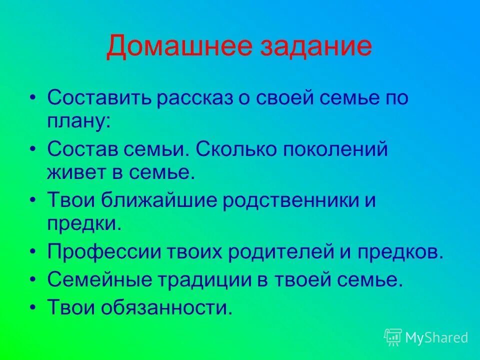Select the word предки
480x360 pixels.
point(84,223)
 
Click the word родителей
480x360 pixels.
point(293,252)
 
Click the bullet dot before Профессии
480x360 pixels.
point(33,253)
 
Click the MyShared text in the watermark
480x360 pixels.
point(436,337)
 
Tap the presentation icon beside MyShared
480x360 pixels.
point(393,337)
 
